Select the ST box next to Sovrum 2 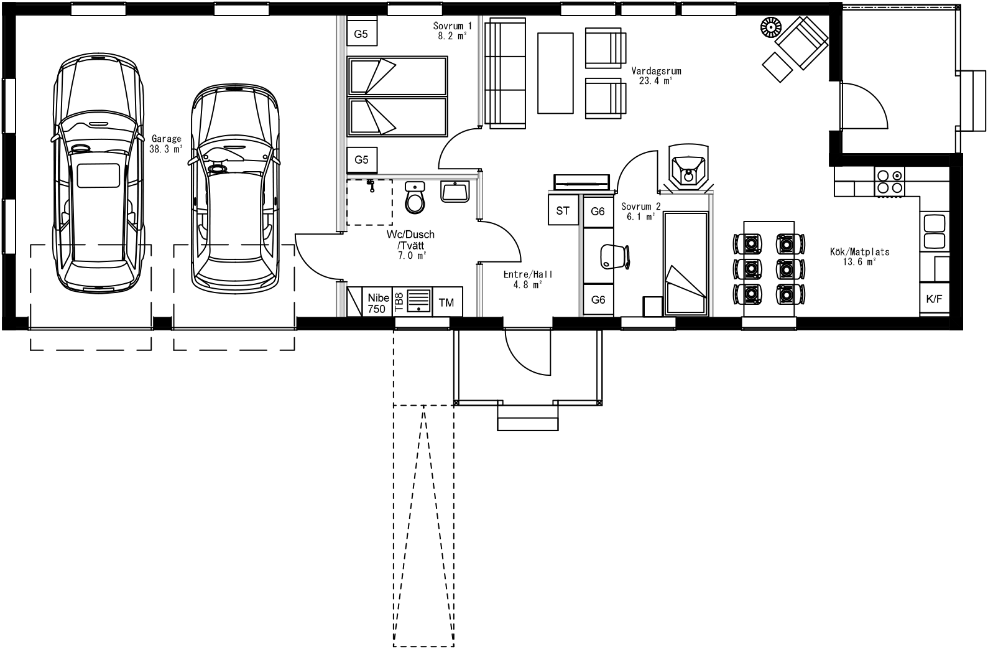[x=563, y=210]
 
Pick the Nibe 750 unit [x=377, y=302]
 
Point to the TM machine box [x=446, y=303]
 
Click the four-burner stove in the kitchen [x=889, y=181]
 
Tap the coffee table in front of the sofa [x=555, y=73]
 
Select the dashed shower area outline [x=369, y=202]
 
